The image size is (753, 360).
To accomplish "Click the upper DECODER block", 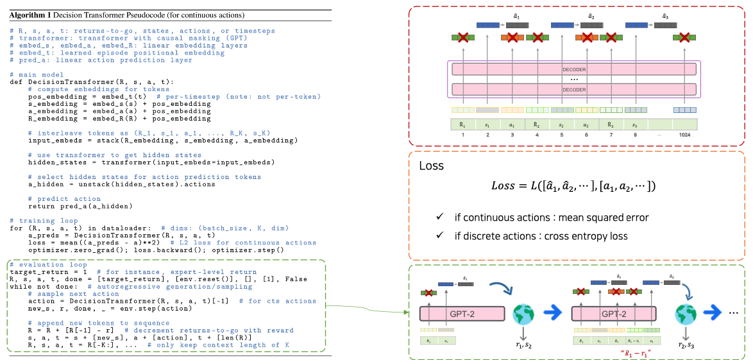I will (573, 69).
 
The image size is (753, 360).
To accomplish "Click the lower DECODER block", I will (573, 89).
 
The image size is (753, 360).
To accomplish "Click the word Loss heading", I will (431, 166).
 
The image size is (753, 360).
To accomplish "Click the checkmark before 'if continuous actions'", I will (440, 218).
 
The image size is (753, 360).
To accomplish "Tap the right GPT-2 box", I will (613, 313).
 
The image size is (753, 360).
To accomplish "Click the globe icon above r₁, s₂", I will (524, 314).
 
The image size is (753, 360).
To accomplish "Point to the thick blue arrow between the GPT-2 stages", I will (552, 314).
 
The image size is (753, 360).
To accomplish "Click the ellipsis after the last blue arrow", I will (733, 314).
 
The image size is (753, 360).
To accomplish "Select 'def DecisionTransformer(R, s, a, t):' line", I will (92, 81).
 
